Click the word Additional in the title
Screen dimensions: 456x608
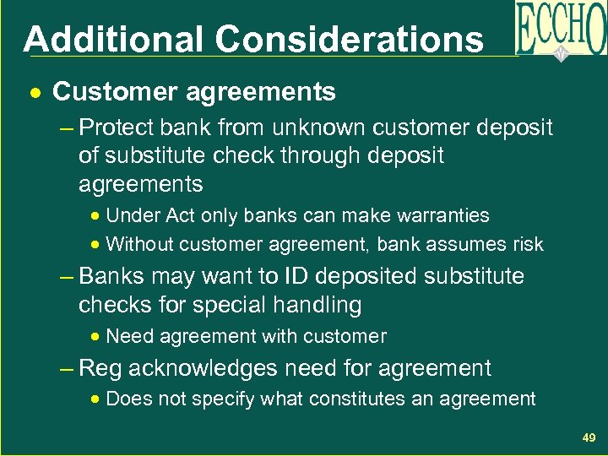113,39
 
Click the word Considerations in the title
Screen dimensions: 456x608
349,39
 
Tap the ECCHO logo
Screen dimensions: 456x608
560,30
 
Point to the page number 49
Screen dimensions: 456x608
588,437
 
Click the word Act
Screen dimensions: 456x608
179,215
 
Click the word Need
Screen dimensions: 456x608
128,336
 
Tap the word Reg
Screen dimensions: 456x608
101,368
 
